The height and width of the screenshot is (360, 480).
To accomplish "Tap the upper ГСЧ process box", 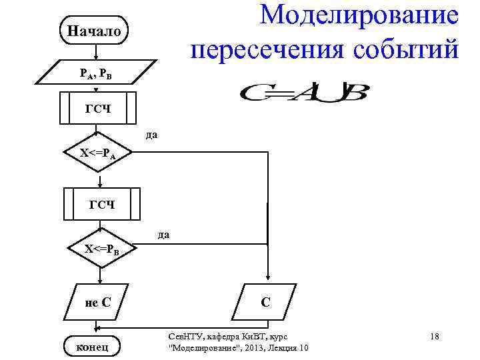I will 98,109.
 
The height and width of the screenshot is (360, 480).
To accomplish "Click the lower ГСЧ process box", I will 102,204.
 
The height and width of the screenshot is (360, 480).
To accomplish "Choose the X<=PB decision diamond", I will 101,250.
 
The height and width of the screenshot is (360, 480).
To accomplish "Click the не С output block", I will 98,302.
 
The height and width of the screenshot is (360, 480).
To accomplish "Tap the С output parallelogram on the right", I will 265,302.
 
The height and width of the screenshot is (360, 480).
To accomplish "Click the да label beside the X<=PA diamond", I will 151,135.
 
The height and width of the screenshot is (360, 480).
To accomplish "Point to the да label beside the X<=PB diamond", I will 163,235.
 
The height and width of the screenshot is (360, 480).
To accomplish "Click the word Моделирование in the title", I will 359,15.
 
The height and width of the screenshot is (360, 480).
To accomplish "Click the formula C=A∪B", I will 303,92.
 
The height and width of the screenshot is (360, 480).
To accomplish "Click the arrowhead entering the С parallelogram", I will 267,280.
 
